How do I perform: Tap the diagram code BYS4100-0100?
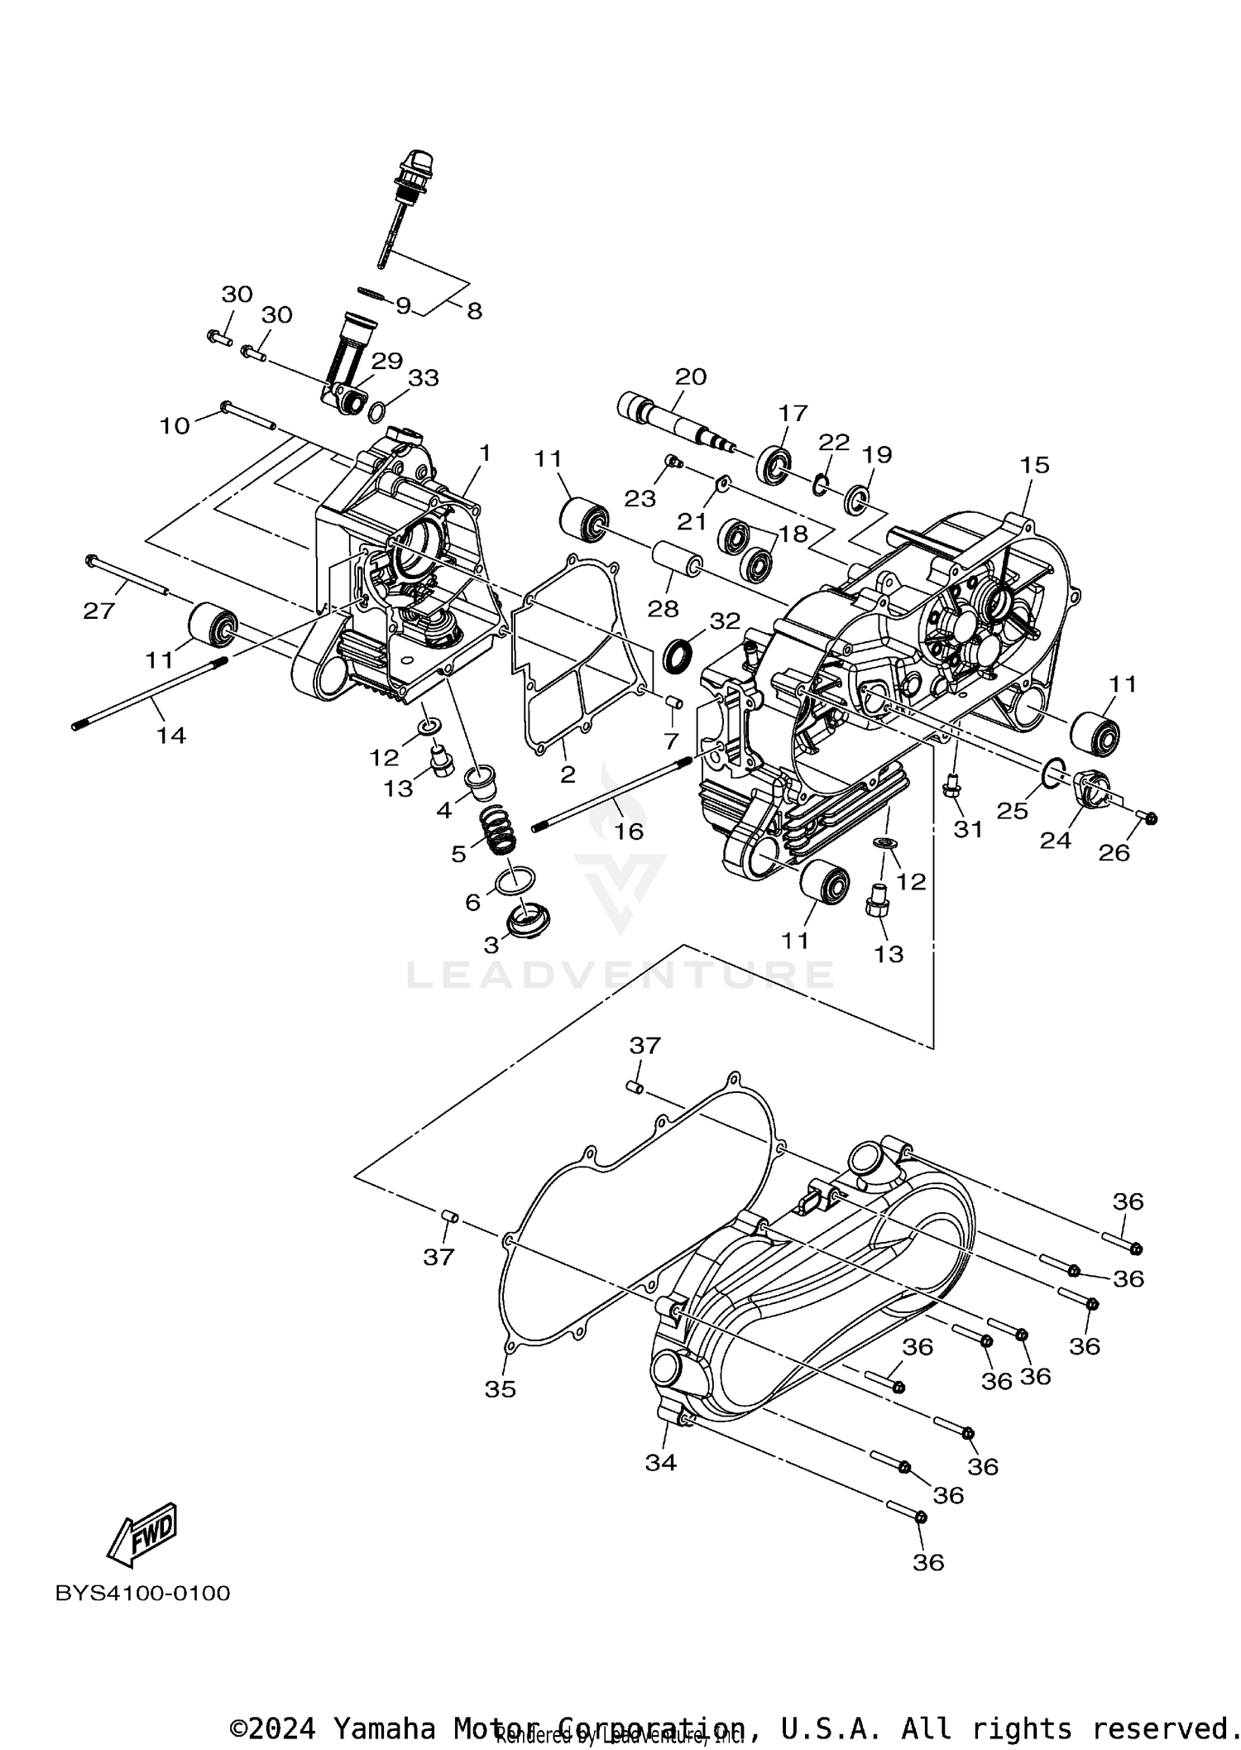142,1593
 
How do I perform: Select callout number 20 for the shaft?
690,377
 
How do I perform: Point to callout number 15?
1034,465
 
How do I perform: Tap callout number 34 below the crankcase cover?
661,1463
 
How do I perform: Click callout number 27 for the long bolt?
98,611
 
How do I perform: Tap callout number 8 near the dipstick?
474,311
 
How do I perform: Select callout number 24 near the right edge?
1055,841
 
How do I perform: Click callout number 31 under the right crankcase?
968,828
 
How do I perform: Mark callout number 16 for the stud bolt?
629,831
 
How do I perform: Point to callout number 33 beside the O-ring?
424,378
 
